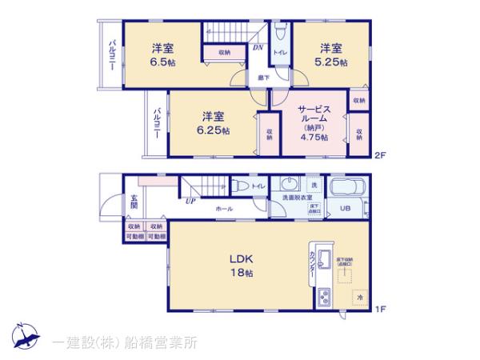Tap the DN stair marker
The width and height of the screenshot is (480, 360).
coord(259,47)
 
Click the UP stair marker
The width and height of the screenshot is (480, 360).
coord(190,201)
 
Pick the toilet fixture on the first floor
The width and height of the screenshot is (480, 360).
coord(242,186)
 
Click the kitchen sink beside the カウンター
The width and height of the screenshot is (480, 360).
coord(326,260)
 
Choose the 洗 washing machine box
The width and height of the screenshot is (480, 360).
coord(314,186)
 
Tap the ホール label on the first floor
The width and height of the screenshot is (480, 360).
coord(224,208)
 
